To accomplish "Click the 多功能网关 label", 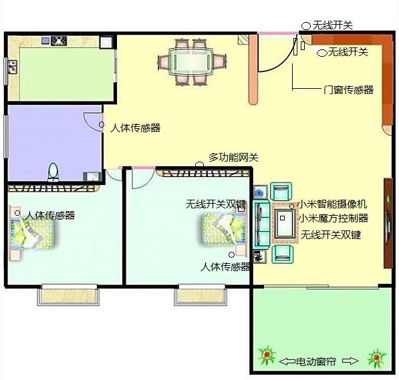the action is pos(234,158).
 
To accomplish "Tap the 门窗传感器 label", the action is pos(348,89).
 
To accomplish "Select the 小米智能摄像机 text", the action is pos(332,204).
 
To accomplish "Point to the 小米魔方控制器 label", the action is pos(334,218).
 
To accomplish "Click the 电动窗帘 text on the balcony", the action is pos(315,361).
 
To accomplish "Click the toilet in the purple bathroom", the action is pos(53,172).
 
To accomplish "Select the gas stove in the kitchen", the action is pos(59,41).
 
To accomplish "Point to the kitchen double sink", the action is pos(13,67).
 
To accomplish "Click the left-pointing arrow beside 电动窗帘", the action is pos(287,361).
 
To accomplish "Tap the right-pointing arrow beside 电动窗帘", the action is pos(350,361).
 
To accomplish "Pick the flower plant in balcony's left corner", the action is pos(267,355).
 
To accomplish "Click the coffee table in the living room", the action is pos(285,223).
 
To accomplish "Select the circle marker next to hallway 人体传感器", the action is pos(102,125).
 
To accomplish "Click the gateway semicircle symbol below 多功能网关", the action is pos(199,164).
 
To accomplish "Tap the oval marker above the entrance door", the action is pos(306,26).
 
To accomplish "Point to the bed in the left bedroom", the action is pos(33,232).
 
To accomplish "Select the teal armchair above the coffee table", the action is pos(281,191).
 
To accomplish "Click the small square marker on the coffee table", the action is pos(282,218).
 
